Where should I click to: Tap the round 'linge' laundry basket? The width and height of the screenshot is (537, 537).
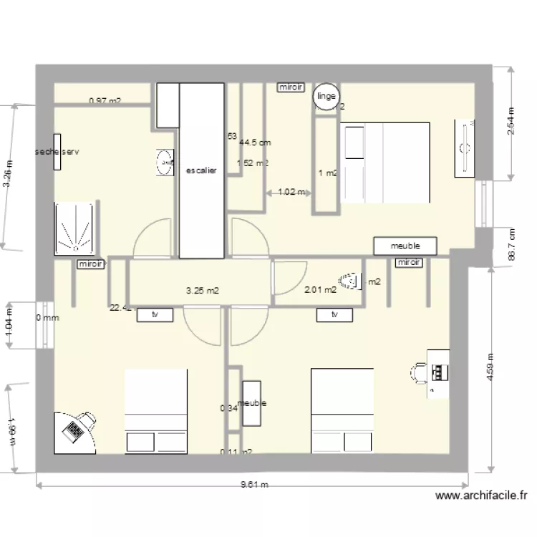(x=326, y=97)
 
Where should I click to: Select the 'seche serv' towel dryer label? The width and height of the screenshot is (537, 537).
(x=57, y=152)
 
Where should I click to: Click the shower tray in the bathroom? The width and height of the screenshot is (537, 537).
(x=74, y=228)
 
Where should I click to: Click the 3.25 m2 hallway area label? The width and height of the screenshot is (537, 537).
(x=202, y=291)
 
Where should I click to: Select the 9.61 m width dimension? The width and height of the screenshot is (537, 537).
(x=254, y=485)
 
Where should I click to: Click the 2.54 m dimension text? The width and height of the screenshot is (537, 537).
(x=511, y=126)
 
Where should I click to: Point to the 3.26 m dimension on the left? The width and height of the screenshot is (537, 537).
(x=7, y=174)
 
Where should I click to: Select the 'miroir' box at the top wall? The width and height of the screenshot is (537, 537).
(x=291, y=87)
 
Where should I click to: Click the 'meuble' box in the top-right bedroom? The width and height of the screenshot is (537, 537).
(x=405, y=246)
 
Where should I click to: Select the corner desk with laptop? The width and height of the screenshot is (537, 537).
(x=74, y=430)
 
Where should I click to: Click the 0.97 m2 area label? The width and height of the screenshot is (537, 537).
(x=105, y=102)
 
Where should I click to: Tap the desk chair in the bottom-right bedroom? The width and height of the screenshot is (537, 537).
(x=419, y=371)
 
